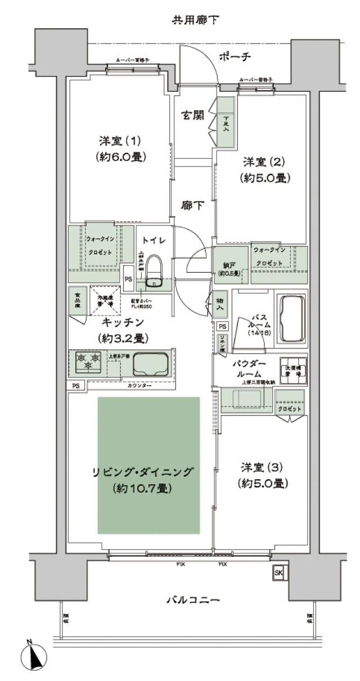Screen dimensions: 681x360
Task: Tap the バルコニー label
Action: pos(193,600)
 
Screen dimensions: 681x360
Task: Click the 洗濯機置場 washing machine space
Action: pos(293,369)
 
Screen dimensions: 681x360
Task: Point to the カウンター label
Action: pos(138,386)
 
